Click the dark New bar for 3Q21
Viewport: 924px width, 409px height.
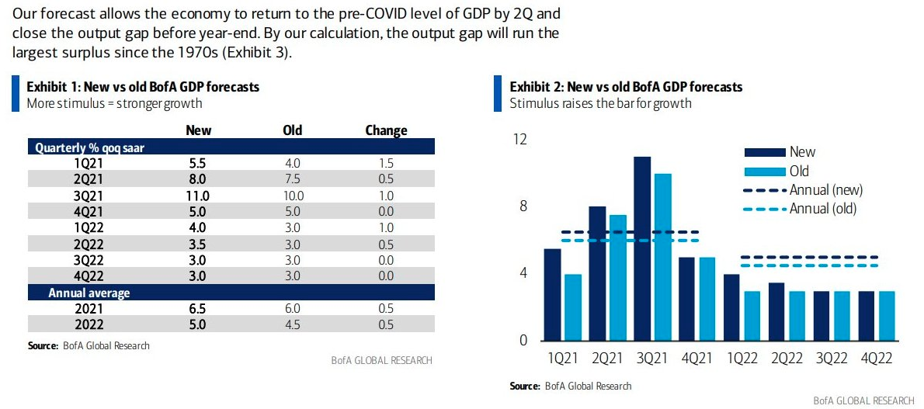pyautogui.click(x=642, y=248)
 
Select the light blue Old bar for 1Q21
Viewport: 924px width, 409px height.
pyautogui.click(x=573, y=307)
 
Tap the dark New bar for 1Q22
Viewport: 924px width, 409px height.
pyautogui.click(x=731, y=307)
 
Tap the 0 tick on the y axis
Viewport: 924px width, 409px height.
pyautogui.click(x=523, y=341)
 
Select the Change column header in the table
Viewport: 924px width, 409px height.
pyautogui.click(x=386, y=130)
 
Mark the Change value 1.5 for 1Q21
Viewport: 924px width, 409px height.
pyautogui.click(x=386, y=163)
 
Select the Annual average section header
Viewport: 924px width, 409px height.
pyautogui.click(x=89, y=293)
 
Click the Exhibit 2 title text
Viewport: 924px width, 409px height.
pyautogui.click(x=626, y=87)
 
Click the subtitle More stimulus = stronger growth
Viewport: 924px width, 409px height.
pyautogui.click(x=114, y=103)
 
